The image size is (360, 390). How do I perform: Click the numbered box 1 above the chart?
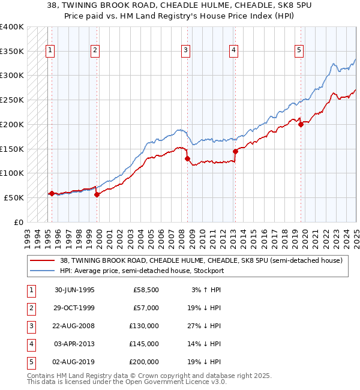coord(50,50)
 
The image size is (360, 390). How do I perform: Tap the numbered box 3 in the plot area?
coord(186,50)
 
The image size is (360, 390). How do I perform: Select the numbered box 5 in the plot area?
coord(299,50)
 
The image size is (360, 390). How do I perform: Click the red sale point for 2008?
coord(188,159)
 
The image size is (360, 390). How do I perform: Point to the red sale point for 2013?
coord(235,151)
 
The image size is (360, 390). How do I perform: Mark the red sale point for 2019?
coord(301,125)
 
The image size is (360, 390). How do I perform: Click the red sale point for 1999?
coord(97,194)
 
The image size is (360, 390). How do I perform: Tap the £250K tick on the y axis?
coord(12,100)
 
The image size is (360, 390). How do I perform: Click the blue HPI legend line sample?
coord(43,271)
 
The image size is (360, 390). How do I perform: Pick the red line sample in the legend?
coord(43,260)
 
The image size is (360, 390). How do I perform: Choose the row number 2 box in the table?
coord(31,308)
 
